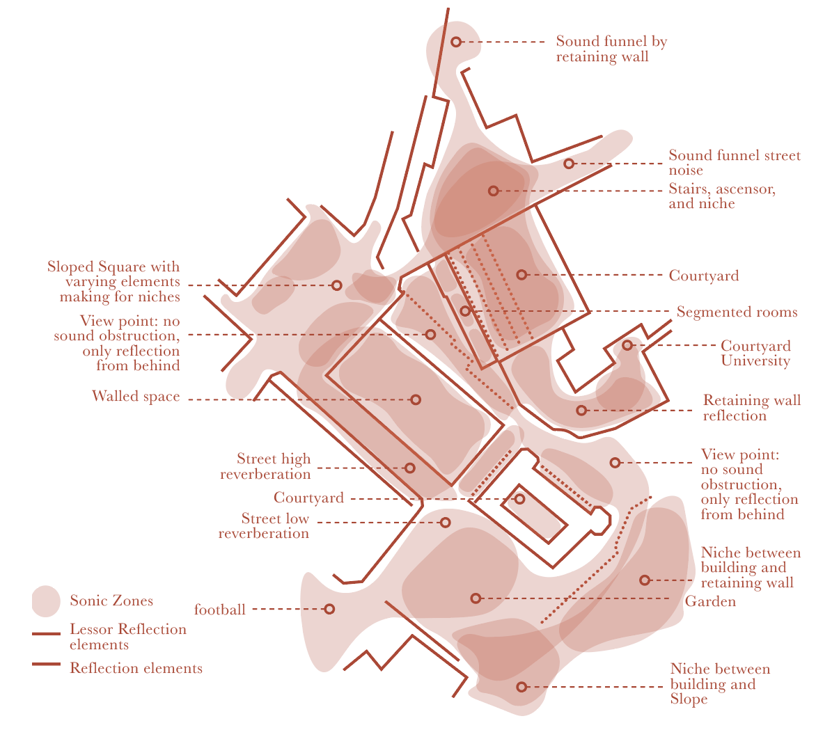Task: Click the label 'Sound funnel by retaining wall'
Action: click(x=611, y=49)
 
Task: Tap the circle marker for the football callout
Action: click(x=329, y=609)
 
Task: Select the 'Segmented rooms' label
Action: click(x=737, y=312)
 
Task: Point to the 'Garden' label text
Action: click(x=710, y=601)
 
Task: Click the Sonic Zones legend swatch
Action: click(x=46, y=601)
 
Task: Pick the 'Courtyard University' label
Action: click(x=755, y=354)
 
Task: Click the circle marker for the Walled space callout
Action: click(x=416, y=399)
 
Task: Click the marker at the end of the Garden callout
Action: click(x=476, y=598)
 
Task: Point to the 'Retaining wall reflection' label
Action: click(x=751, y=408)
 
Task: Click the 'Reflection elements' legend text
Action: click(x=136, y=669)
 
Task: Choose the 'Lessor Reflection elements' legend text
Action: click(x=128, y=637)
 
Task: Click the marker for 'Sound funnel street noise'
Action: click(x=569, y=164)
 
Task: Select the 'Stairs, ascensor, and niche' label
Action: click(x=722, y=196)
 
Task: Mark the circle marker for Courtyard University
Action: click(x=627, y=345)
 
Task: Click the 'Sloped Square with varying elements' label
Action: click(x=113, y=282)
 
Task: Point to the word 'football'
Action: click(x=219, y=610)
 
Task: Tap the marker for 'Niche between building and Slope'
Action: click(x=521, y=687)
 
